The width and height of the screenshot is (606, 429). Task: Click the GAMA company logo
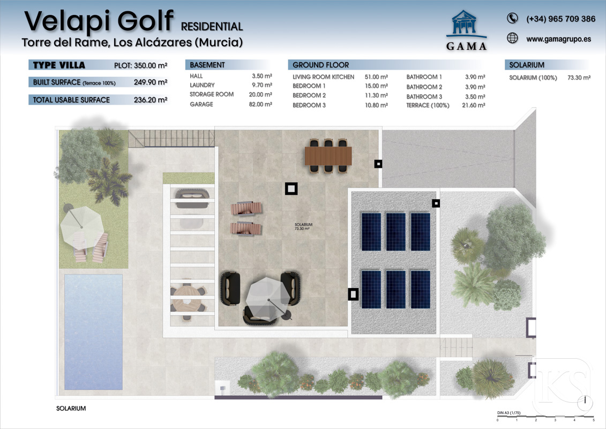point(466,31)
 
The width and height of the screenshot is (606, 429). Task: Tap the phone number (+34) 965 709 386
point(560,19)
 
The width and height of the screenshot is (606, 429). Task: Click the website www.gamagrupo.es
point(558,39)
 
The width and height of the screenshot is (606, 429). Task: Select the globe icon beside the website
point(512,38)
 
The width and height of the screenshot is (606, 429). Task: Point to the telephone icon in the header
point(512,18)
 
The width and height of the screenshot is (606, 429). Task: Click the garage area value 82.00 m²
point(260,104)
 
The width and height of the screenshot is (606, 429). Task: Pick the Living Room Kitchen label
point(323,77)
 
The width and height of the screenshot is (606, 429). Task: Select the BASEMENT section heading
point(207,65)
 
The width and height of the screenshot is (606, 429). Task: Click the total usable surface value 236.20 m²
point(151,100)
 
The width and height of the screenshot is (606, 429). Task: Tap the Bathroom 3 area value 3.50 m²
point(475,97)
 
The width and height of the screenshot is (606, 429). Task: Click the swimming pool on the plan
point(93,332)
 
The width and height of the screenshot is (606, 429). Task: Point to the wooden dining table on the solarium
point(328,156)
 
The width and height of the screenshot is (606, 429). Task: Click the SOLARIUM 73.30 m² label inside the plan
point(303,227)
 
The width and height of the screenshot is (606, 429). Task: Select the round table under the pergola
point(187,299)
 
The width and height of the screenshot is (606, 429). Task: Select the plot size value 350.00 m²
point(151,65)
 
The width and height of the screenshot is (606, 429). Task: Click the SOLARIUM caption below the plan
point(71,408)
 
